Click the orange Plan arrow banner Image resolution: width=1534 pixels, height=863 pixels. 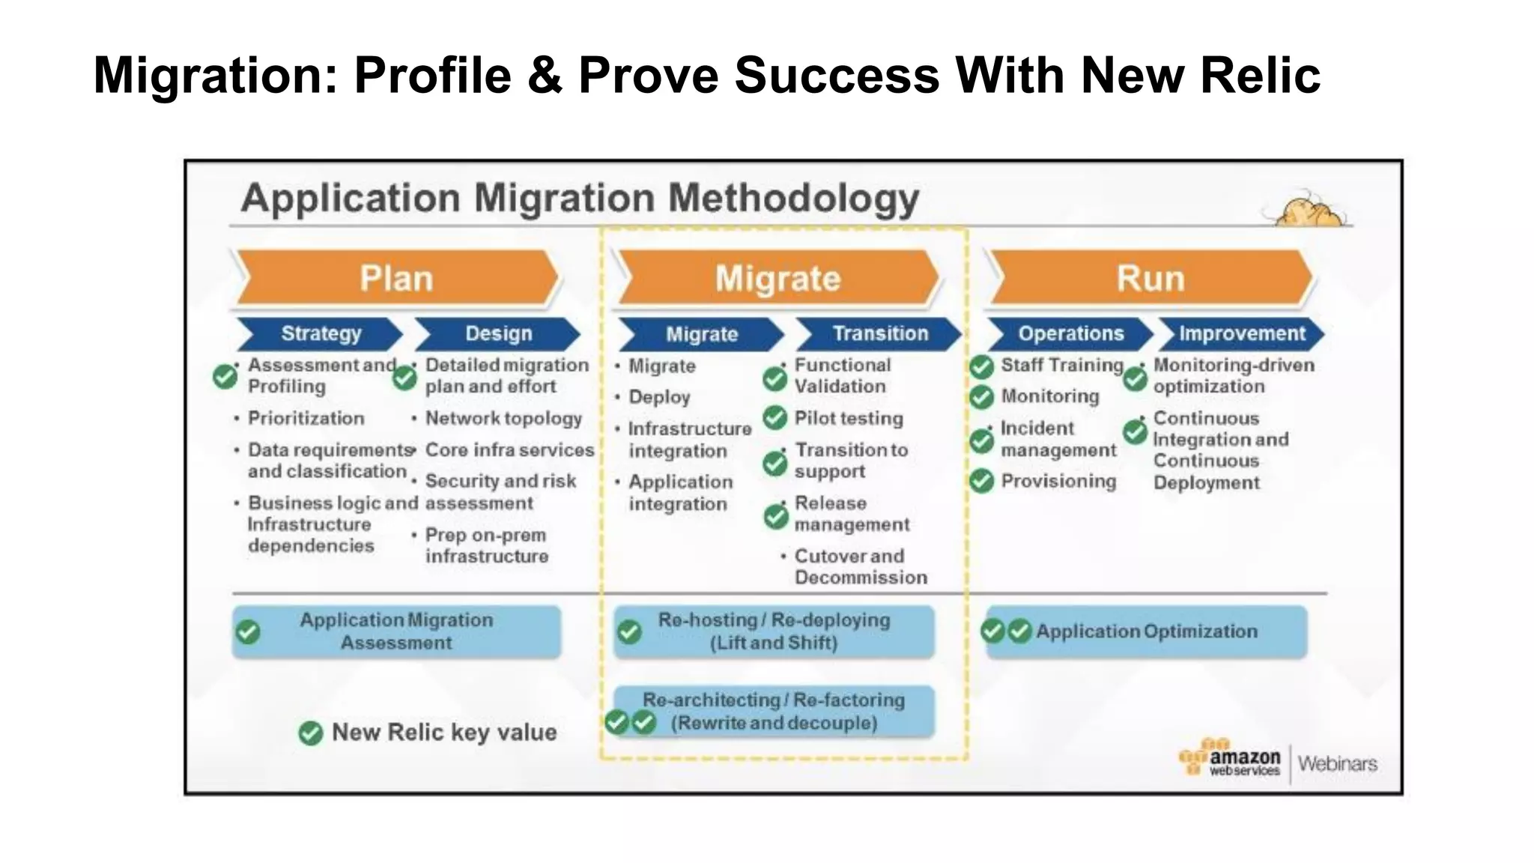(397, 278)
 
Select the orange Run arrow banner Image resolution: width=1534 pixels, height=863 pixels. (1150, 278)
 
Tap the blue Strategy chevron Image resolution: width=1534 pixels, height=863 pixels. (321, 333)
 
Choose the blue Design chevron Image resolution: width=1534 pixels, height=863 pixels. (498, 333)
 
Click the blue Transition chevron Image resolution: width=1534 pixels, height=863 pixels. (879, 333)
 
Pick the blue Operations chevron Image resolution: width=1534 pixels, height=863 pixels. (1070, 333)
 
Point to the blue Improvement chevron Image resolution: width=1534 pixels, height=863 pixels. (1242, 333)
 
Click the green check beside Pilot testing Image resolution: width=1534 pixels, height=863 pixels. (775, 418)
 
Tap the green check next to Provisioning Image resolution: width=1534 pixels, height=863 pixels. (982, 481)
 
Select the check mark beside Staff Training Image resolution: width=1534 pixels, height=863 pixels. (982, 367)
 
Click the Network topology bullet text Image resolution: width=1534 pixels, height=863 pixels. (503, 419)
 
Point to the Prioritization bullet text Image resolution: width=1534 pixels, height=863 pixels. (306, 418)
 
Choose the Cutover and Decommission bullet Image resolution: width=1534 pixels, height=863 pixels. (860, 566)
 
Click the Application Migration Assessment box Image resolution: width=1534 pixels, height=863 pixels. (397, 632)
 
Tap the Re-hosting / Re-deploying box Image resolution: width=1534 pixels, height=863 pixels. (774, 632)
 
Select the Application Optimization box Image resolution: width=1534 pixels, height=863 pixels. (1146, 632)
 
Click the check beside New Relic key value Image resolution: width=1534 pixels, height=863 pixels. (310, 733)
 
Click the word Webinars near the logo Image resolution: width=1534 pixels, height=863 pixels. (1338, 763)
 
